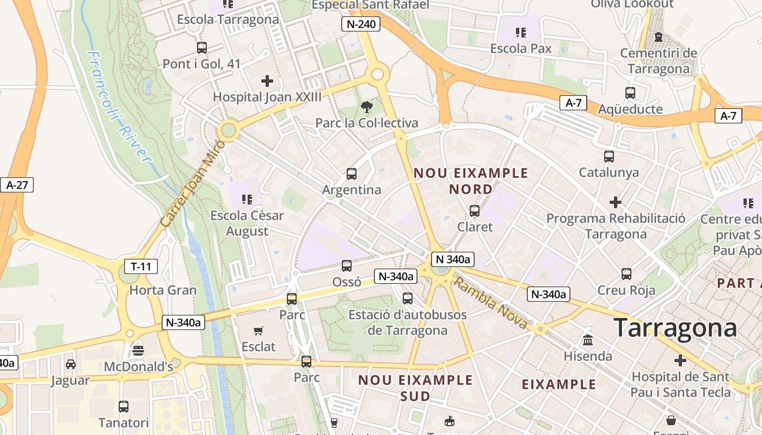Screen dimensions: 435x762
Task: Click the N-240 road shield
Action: [360, 23]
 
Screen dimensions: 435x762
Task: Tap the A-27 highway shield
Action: [17, 185]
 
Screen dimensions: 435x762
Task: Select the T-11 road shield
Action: [141, 266]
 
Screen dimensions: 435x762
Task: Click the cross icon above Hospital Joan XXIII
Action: [267, 82]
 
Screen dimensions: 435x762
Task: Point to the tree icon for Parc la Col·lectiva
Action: [367, 107]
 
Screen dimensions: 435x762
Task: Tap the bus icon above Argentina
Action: [352, 174]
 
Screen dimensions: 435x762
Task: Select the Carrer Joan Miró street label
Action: [194, 183]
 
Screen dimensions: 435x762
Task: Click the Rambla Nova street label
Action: [491, 303]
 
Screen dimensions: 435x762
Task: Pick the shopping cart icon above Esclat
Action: [259, 331]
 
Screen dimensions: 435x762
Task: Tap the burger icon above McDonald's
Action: [138, 351]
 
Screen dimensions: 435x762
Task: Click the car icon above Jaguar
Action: [70, 364]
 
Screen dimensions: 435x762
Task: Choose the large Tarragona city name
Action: [675, 328]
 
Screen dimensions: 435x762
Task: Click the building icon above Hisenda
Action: [588, 340]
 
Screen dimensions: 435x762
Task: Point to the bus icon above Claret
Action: [475, 210]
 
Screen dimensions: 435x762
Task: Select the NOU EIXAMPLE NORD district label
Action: [471, 181]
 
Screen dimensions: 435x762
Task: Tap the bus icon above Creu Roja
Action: [626, 274]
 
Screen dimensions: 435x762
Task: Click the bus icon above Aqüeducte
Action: [630, 93]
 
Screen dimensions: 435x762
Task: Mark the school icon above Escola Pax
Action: [521, 33]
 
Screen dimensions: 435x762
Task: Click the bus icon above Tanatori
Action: [124, 407]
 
